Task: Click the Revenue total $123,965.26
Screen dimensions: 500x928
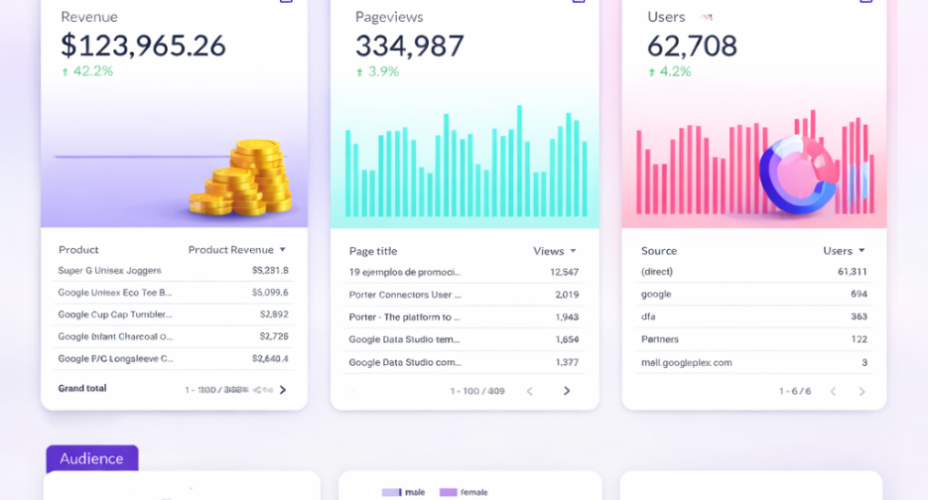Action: pyautogui.click(x=143, y=46)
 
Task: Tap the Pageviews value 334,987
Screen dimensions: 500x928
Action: pyautogui.click(x=409, y=46)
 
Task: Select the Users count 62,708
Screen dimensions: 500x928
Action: pyautogui.click(x=692, y=46)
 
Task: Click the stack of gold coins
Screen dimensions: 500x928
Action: pyautogui.click(x=244, y=179)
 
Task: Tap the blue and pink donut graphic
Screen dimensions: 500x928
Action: pyautogui.click(x=798, y=174)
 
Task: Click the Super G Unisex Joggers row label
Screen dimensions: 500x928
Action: pyautogui.click(x=109, y=270)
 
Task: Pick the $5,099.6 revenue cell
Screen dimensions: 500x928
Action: pyautogui.click(x=270, y=293)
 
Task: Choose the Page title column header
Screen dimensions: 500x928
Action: pyautogui.click(x=373, y=251)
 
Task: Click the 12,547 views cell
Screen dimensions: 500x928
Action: pyautogui.click(x=564, y=272)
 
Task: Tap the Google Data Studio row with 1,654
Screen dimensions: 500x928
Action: pyautogui.click(x=405, y=339)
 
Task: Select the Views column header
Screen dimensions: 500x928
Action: pyautogui.click(x=549, y=251)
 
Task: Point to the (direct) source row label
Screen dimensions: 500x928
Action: pyautogui.click(x=657, y=272)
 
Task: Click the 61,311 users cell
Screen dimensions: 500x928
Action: pyautogui.click(x=852, y=272)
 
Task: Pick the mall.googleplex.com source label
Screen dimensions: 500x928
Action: pyautogui.click(x=687, y=362)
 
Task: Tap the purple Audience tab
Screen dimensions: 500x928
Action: pyautogui.click(x=91, y=458)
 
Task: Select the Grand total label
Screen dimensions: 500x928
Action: pyautogui.click(x=82, y=388)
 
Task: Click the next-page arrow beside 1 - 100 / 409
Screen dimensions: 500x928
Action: pyautogui.click(x=567, y=391)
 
